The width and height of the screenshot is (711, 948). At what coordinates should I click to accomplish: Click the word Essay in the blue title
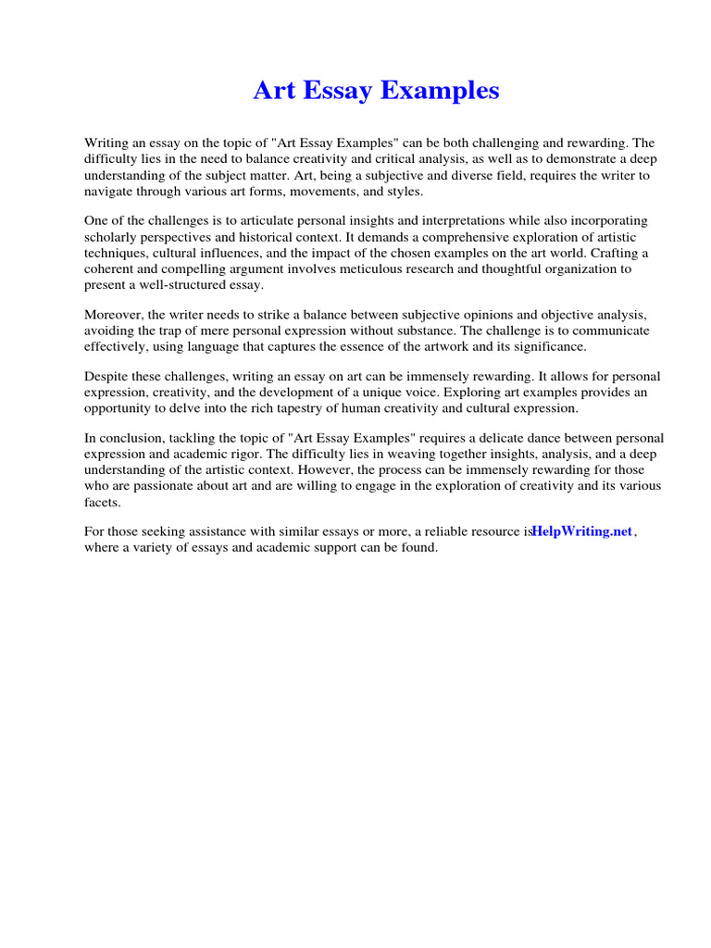click(x=343, y=91)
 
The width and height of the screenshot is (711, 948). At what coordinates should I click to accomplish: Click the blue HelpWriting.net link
click(x=582, y=531)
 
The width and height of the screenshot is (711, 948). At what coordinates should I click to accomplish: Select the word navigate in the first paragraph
click(x=110, y=191)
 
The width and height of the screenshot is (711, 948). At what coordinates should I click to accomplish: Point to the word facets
click(x=101, y=501)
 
